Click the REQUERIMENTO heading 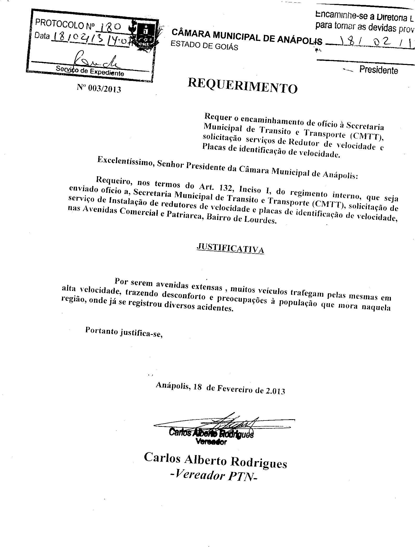coord(243,86)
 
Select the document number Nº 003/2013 coord(99,88)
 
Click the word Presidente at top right coord(379,70)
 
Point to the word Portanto coord(102,331)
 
